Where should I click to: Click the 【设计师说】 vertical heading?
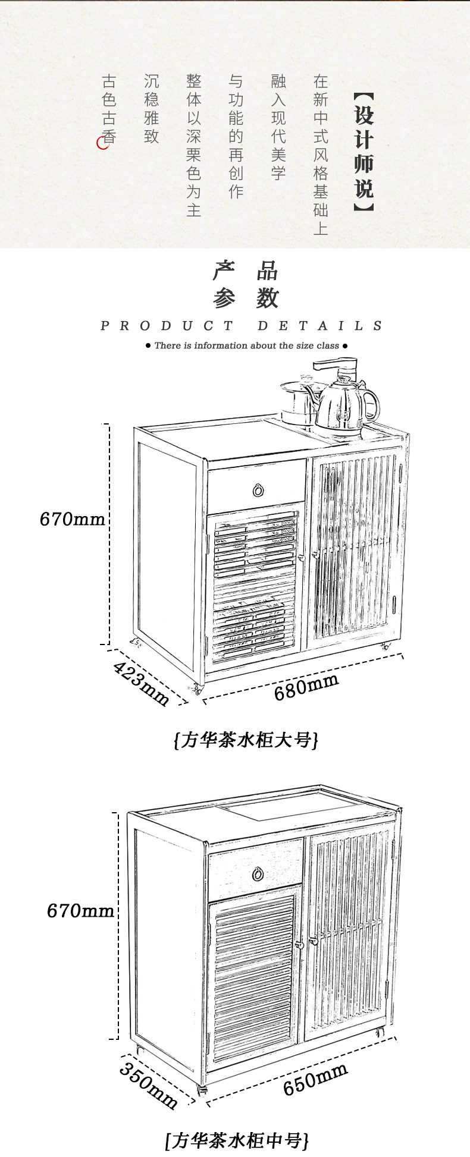click(x=364, y=152)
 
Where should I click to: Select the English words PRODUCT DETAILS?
click(x=242, y=326)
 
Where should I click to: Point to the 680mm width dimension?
click(x=306, y=687)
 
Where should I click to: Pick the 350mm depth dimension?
click(x=148, y=1084)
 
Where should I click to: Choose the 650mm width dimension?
click(x=315, y=1079)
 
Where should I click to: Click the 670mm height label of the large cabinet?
click(x=72, y=519)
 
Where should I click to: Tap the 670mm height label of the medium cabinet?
click(x=80, y=910)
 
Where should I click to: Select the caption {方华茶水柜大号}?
click(x=246, y=740)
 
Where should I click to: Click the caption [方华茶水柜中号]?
click(x=237, y=1140)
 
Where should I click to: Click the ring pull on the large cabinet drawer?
click(x=258, y=491)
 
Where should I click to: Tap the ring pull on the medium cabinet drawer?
click(x=258, y=874)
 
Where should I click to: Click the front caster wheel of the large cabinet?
click(x=197, y=689)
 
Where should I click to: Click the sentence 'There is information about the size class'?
click(x=246, y=345)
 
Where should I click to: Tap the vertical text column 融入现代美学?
click(x=278, y=127)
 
